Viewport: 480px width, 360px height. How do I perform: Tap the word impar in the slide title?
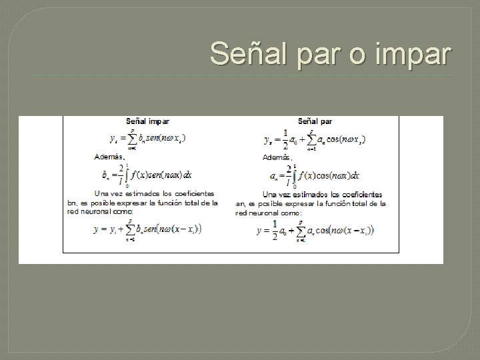click(413, 55)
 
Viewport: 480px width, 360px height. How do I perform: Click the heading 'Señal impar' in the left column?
click(148, 121)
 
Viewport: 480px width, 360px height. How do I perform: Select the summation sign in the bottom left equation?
click(132, 231)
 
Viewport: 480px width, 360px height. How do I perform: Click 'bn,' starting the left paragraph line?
click(73, 203)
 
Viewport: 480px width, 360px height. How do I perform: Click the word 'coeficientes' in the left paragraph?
click(192, 193)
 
